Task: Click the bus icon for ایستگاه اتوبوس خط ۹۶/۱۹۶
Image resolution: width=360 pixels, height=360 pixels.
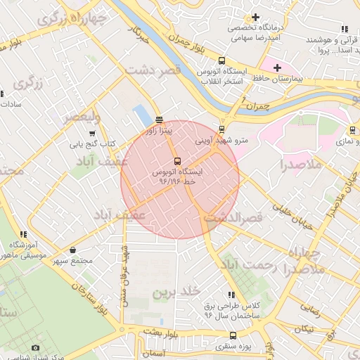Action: tap(176, 160)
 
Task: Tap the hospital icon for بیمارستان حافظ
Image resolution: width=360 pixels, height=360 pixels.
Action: tap(278, 67)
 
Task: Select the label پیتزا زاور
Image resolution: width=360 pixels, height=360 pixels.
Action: tap(159, 130)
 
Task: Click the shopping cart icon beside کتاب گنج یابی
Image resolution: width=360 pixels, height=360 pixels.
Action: tap(91, 133)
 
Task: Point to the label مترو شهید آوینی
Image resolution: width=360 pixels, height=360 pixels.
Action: tap(222, 140)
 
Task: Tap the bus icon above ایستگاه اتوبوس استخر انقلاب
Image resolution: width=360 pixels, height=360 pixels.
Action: tap(222, 60)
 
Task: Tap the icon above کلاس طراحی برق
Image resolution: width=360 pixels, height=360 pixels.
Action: tap(231, 295)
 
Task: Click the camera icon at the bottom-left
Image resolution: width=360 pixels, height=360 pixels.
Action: tap(36, 347)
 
